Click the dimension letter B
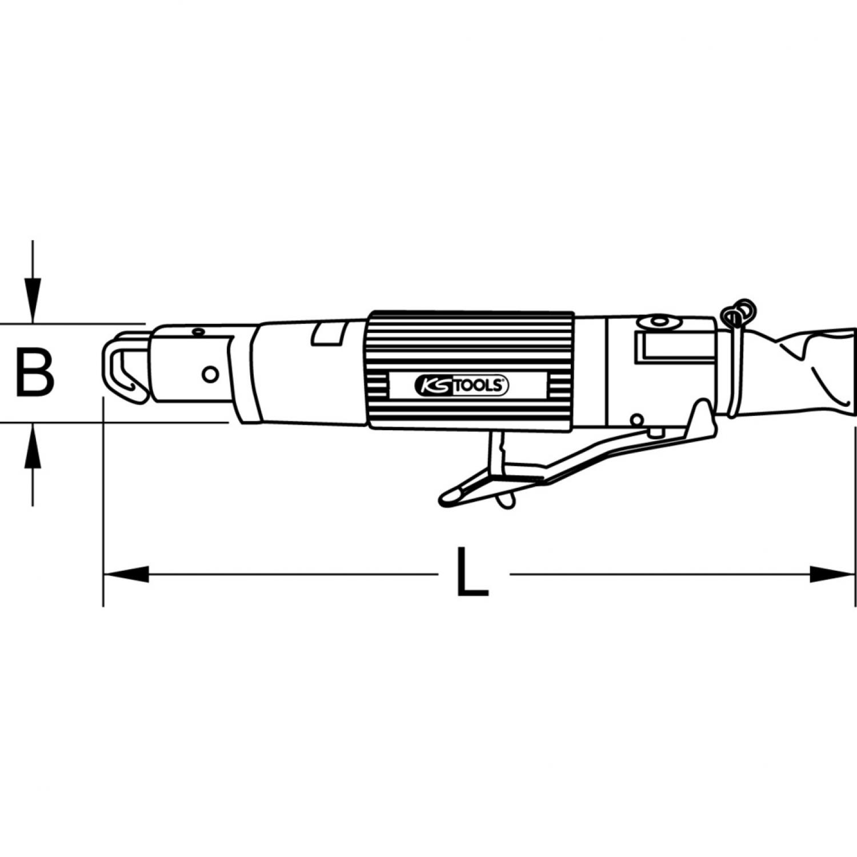pos(35,374)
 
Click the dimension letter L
pos(472,572)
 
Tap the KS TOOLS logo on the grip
pos(460,386)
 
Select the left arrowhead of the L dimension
pos(126,574)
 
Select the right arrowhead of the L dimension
pos(833,574)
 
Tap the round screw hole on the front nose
pos(211,374)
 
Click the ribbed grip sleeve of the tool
pos(471,370)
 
